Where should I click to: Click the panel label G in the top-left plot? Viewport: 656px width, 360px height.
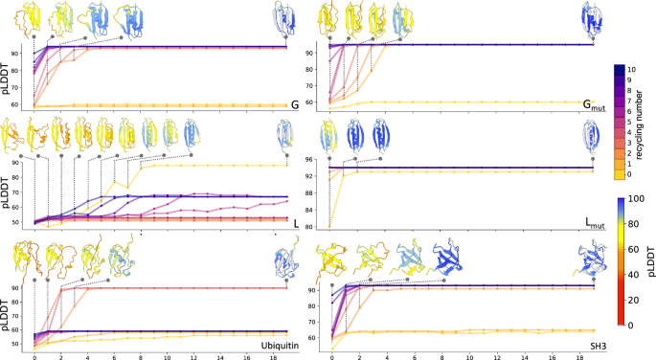295,104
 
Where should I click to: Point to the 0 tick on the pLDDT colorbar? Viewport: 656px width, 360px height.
632,325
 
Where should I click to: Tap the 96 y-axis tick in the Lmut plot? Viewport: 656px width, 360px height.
313,160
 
